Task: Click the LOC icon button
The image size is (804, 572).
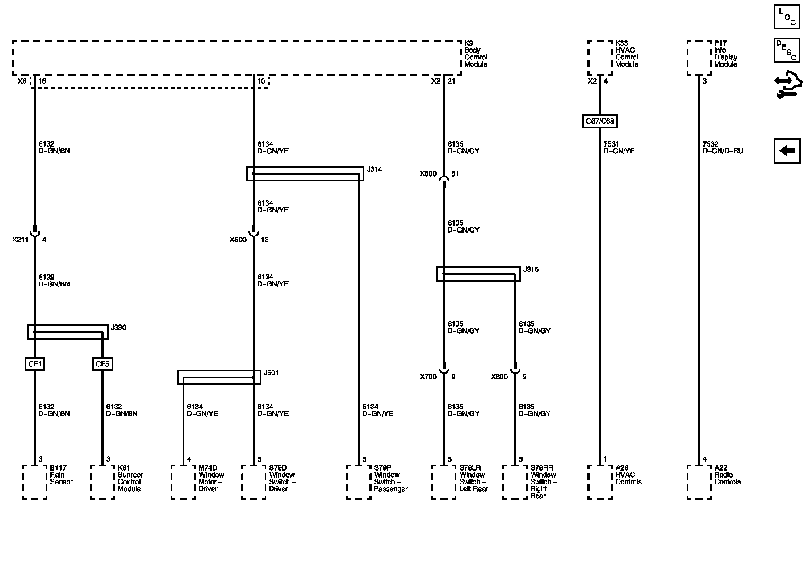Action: coord(787,17)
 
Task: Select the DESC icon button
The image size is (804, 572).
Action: coord(787,50)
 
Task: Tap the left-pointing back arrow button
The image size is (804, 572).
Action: coord(787,151)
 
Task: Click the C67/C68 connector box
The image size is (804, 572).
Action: coord(600,121)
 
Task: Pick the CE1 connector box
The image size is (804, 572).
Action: coord(35,364)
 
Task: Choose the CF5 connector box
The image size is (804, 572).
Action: coord(102,364)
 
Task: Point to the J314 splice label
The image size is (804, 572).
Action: coord(374,170)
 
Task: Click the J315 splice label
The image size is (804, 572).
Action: coord(531,270)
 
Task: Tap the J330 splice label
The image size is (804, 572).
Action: coord(118,328)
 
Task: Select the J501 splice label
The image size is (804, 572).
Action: coord(271,373)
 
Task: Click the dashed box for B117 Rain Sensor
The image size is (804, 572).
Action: coord(35,482)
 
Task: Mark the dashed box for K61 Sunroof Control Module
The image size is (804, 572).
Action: coord(102,482)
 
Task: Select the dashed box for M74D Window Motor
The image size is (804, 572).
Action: coord(183,482)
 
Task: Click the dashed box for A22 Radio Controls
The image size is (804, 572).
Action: coord(699,482)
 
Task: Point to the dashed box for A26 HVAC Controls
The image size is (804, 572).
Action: coord(600,482)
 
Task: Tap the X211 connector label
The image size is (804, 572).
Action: coord(20,240)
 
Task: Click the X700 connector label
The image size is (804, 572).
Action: coord(428,377)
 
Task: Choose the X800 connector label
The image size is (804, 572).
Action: coord(499,377)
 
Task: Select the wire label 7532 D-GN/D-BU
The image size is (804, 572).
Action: coord(723,147)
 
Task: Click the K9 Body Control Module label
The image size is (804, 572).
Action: coord(476,54)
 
